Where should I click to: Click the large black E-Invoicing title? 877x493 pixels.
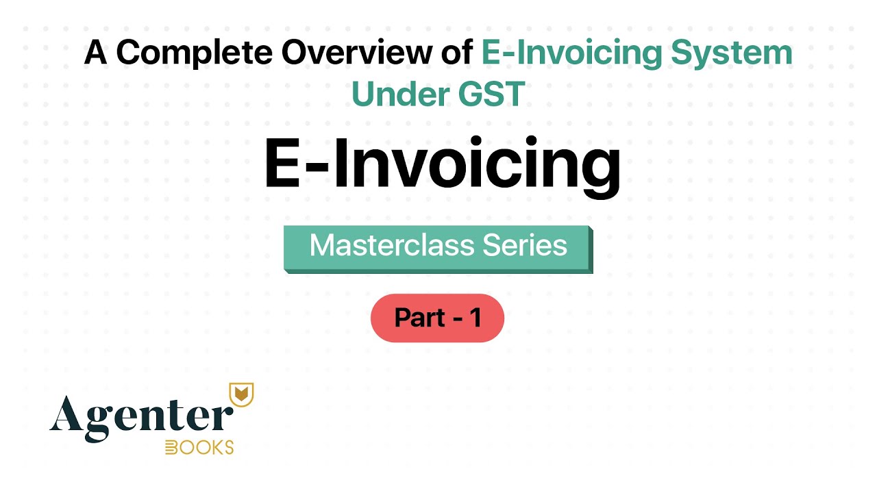coord(442,165)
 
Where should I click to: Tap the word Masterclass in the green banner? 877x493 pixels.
coord(383,245)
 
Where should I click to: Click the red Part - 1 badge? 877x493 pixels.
coord(437,318)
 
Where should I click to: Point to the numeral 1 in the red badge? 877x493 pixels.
coord(475,318)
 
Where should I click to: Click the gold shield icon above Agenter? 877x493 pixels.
coord(240,393)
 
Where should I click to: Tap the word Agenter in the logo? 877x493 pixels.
coord(140,414)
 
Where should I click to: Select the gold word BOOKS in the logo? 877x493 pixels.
coord(199,448)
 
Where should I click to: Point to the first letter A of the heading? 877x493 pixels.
coord(95,54)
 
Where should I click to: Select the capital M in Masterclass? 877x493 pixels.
coord(322,245)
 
